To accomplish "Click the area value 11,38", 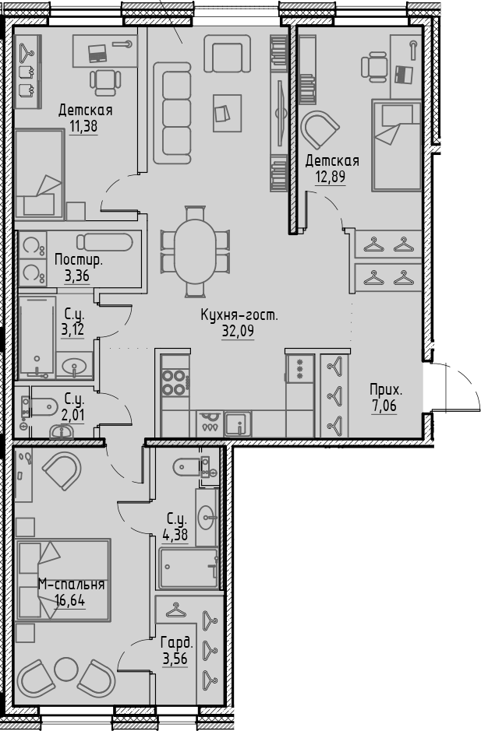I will [83, 127].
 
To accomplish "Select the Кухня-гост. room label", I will [239, 315].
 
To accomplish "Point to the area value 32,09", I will [239, 330].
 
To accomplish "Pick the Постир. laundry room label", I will [79, 258].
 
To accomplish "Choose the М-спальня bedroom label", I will [72, 584].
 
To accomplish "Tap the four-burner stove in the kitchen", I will [174, 382].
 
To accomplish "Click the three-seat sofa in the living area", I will [172, 113].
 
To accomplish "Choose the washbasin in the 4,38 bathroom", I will [207, 515].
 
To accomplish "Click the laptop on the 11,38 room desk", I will [97, 53].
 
